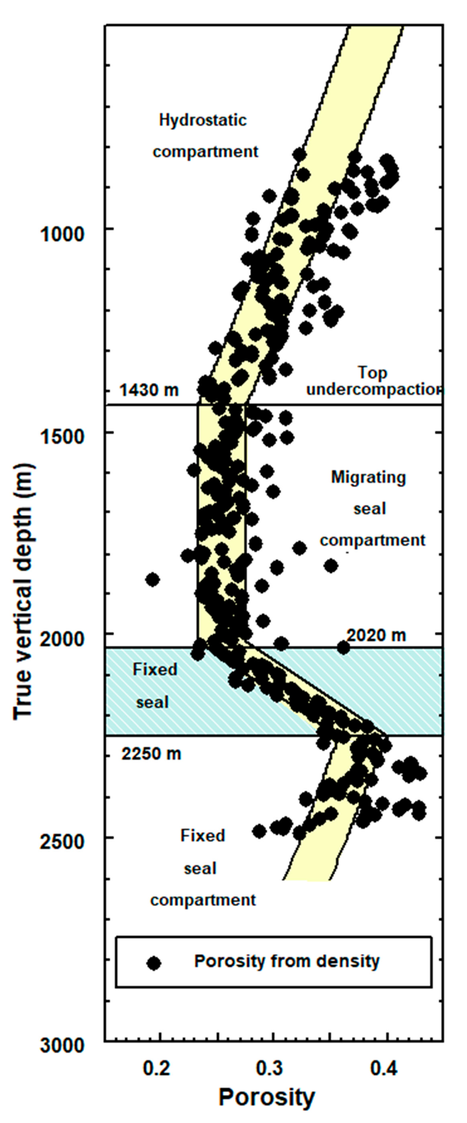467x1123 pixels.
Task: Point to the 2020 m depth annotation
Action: click(376, 635)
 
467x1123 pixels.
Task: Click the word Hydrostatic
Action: click(203, 120)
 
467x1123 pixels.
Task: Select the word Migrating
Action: click(368, 477)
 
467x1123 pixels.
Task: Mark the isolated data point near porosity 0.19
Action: click(152, 580)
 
